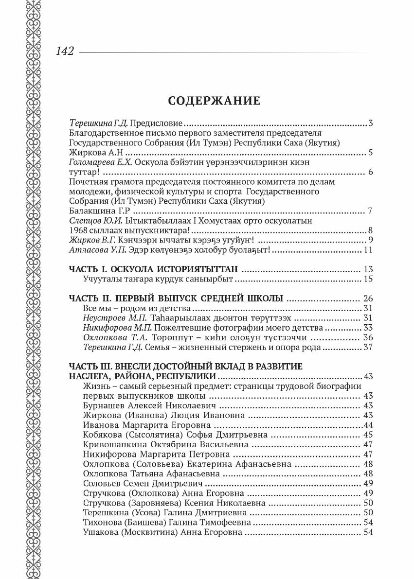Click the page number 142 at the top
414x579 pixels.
coord(65,51)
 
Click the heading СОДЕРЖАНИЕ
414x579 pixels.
coord(214,101)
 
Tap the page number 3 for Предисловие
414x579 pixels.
coord(370,123)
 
